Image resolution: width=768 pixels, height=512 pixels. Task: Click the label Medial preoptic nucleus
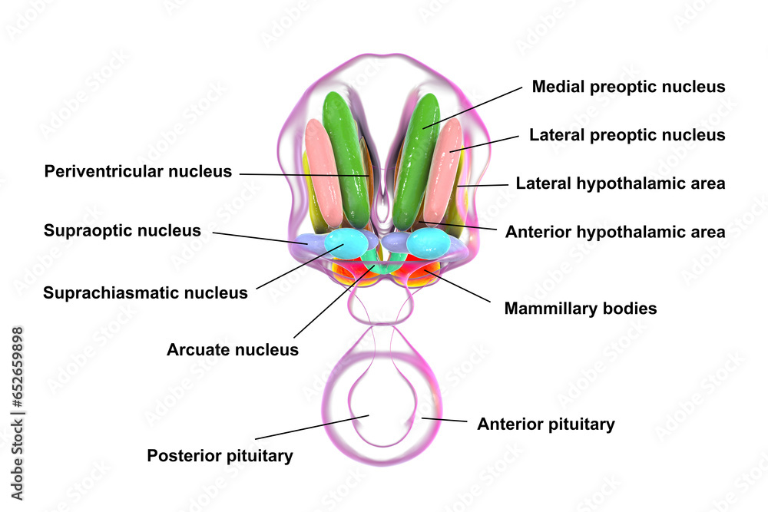(x=628, y=87)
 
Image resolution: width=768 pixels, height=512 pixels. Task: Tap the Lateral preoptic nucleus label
(x=627, y=135)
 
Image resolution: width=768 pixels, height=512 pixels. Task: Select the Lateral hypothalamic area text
(x=621, y=183)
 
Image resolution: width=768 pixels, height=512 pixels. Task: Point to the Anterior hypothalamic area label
(x=615, y=231)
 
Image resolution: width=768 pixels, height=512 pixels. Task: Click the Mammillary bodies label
(x=580, y=309)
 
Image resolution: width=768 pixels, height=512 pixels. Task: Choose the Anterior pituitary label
(x=545, y=424)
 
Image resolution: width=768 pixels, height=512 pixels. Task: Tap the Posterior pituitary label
(x=220, y=456)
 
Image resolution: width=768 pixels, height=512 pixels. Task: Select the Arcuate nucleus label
(x=232, y=350)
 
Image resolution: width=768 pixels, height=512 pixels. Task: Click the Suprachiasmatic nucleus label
(x=145, y=292)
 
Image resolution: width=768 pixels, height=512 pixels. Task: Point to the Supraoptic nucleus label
(x=122, y=230)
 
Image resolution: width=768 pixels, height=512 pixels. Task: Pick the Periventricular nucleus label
(x=137, y=171)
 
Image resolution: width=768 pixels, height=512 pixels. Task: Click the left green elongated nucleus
(x=345, y=157)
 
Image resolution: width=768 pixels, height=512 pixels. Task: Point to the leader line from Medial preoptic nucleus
(x=472, y=107)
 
